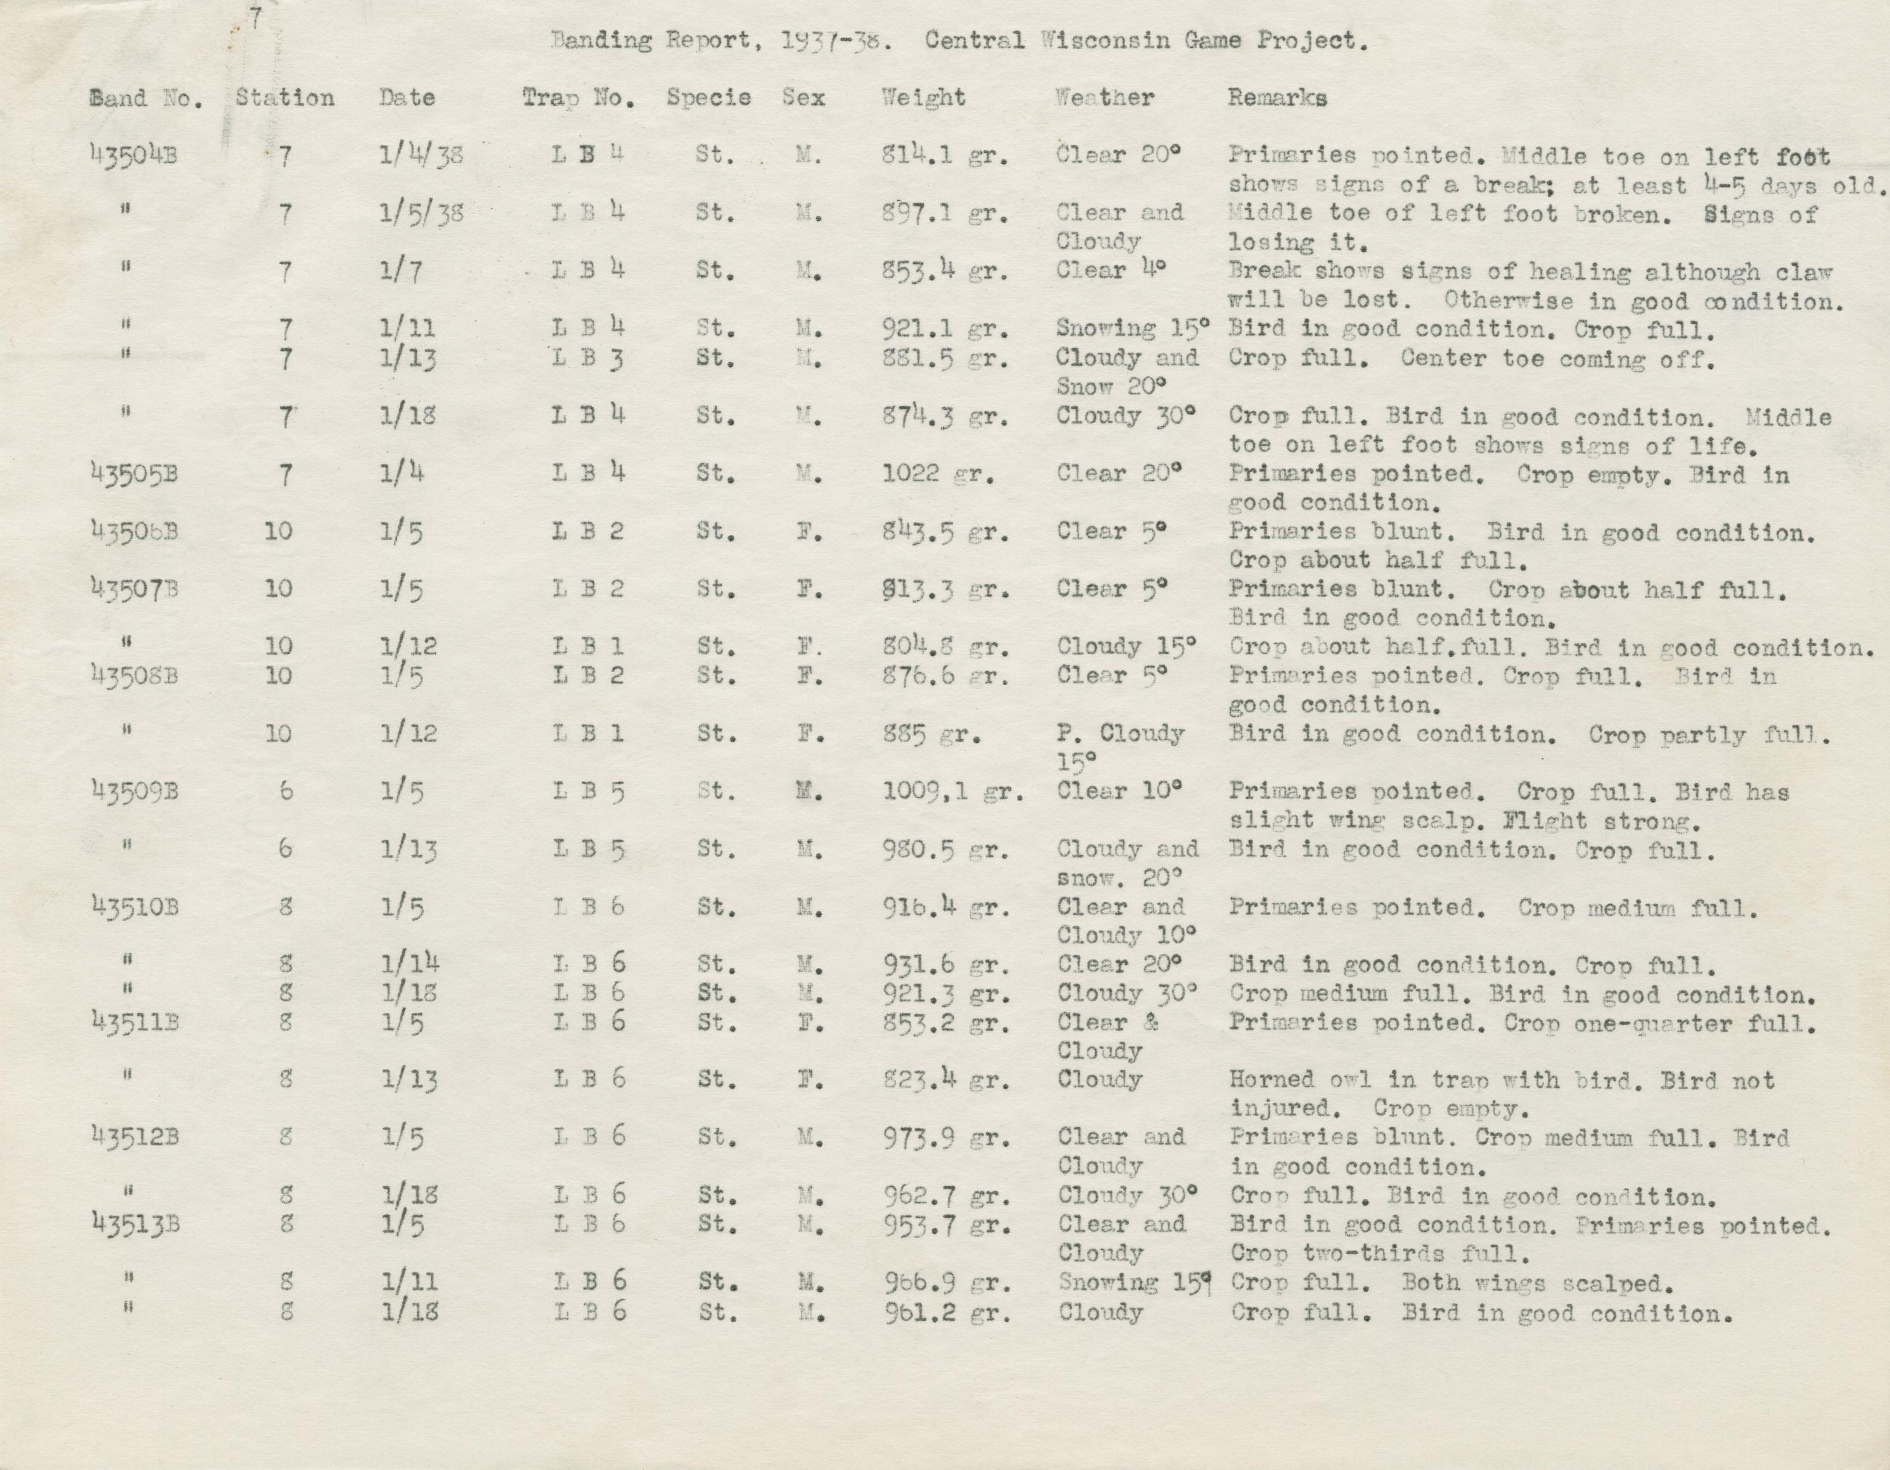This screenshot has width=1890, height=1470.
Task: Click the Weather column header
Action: point(1104,98)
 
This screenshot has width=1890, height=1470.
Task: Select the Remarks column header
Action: point(1276,98)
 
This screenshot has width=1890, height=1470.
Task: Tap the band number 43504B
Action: point(133,156)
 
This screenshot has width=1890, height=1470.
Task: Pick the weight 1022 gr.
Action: point(938,474)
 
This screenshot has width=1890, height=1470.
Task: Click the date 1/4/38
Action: point(421,156)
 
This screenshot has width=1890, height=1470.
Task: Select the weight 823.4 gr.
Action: point(945,1080)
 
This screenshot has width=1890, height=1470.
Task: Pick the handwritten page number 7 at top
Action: point(255,18)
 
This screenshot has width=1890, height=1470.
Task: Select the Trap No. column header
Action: point(578,98)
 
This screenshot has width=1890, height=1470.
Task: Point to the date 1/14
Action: point(411,964)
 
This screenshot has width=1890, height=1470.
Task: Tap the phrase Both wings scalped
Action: point(1537,1283)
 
